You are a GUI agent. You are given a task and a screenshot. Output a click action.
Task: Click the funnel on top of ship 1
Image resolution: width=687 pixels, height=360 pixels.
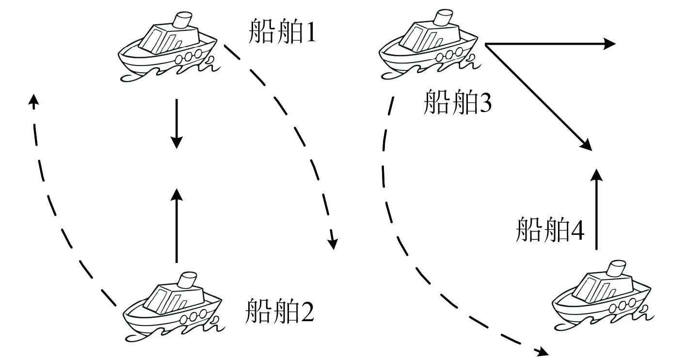coord(182,20)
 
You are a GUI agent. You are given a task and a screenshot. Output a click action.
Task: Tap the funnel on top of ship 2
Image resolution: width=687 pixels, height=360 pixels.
coord(187,280)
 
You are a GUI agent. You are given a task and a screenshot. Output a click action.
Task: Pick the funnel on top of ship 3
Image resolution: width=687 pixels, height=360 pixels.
coord(441,18)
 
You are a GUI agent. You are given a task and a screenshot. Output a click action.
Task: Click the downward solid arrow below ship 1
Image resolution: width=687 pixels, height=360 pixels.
coord(176,123)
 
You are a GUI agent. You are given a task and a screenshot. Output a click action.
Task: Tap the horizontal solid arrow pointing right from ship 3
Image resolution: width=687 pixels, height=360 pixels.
coord(550,44)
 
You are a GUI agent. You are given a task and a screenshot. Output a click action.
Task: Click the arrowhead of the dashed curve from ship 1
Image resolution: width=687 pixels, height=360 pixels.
coord(332,243)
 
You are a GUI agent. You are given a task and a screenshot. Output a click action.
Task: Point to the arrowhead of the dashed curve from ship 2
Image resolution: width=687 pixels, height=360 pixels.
coord(32,99)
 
